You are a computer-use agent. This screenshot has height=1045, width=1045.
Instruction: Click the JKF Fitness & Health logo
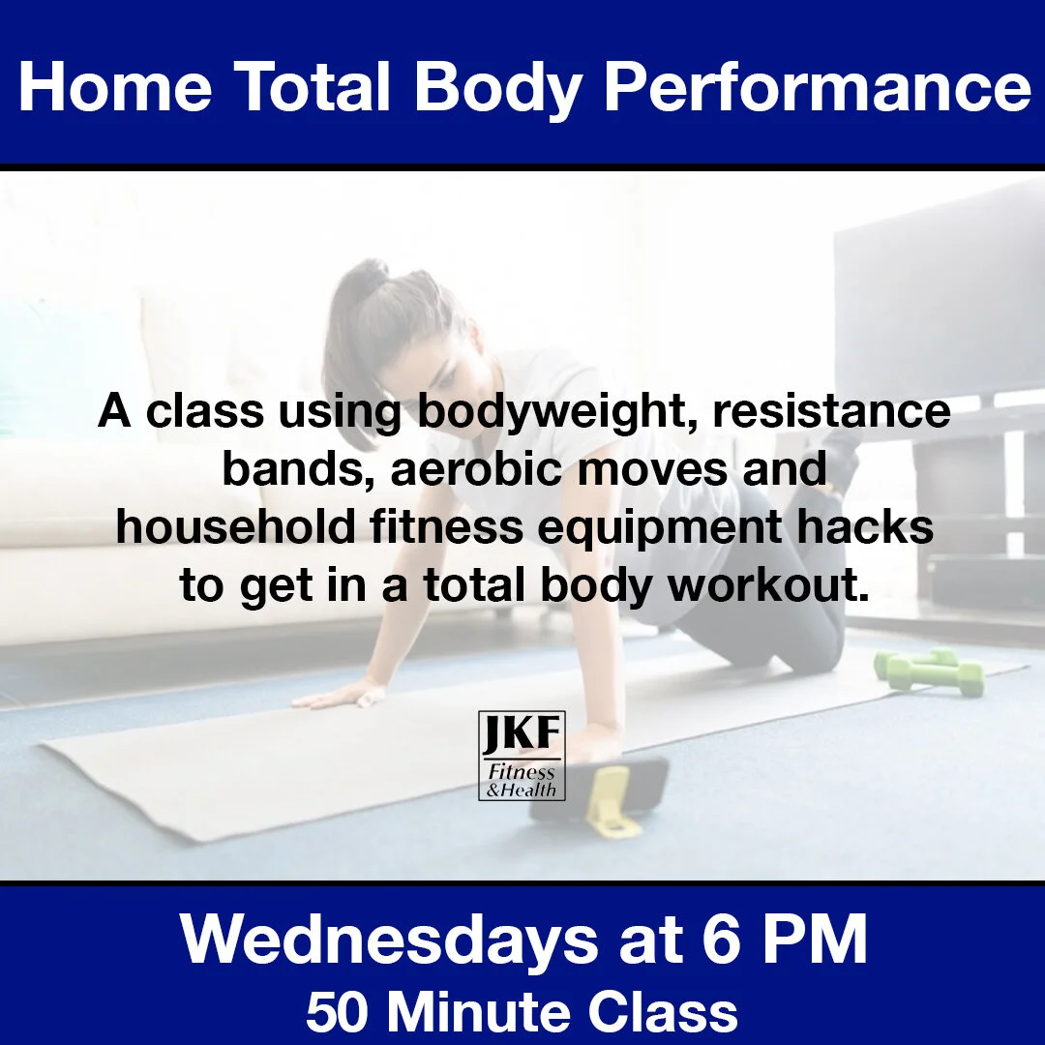tap(522, 756)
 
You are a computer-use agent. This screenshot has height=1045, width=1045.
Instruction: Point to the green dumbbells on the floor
tap(928, 670)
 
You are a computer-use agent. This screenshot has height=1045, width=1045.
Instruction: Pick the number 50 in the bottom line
tap(339, 1012)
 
